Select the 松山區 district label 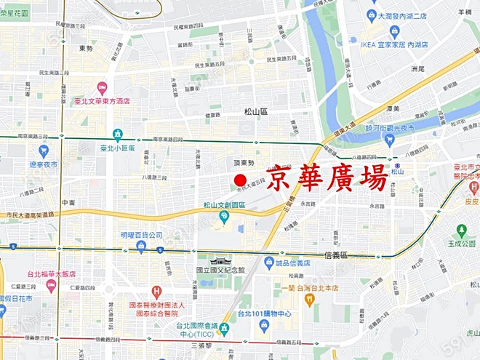click(x=256, y=111)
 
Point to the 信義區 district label click(x=335, y=256)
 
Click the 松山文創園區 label click(x=224, y=205)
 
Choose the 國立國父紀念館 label click(x=220, y=271)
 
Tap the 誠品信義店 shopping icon click(x=268, y=262)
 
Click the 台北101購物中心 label click(x=265, y=314)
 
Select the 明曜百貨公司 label click(x=141, y=236)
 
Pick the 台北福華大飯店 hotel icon click(x=51, y=285)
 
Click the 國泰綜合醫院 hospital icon click(x=156, y=292)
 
